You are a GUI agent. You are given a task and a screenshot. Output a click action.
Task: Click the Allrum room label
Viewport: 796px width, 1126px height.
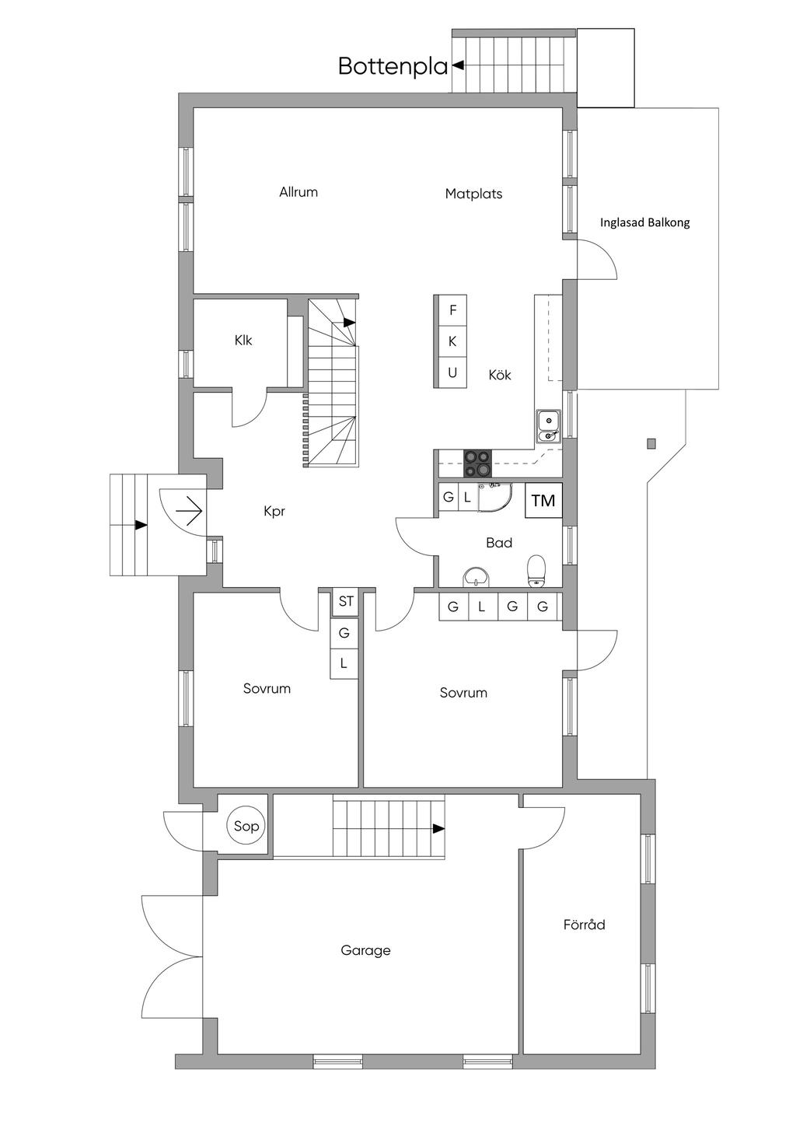298,192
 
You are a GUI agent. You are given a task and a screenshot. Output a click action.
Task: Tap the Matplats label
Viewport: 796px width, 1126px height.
473,194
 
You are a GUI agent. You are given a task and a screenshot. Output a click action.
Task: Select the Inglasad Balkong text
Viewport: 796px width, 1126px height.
644,222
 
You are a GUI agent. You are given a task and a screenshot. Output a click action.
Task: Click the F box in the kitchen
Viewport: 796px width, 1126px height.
452,310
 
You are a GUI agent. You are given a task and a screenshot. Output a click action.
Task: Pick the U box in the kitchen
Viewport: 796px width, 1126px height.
452,373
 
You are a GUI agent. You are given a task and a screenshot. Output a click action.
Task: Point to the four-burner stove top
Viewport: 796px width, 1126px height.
477,463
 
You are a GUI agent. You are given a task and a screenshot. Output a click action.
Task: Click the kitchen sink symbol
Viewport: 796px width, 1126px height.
549,427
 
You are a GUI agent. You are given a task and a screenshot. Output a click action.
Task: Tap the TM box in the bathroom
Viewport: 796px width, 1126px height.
543,500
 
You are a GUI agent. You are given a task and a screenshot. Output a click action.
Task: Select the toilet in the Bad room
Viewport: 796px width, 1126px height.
536,572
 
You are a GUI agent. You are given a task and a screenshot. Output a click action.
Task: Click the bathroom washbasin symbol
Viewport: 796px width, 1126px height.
476,576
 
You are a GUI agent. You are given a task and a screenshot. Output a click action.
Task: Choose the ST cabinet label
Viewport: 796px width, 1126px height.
346,601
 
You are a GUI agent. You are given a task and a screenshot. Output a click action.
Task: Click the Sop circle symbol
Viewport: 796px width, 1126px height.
246,826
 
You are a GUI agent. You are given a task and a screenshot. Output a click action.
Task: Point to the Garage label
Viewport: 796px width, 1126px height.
365,950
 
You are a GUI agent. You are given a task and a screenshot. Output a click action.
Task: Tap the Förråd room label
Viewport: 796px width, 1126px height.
584,925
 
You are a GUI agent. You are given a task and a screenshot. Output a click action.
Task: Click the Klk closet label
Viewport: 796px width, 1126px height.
243,341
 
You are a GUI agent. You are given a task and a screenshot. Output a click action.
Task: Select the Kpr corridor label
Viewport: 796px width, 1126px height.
274,511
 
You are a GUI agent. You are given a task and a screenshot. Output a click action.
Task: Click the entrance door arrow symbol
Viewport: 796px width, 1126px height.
189,512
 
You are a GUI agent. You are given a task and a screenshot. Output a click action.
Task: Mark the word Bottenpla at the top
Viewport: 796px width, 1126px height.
393,67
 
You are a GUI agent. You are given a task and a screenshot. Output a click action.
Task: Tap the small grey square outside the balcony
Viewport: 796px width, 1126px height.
651,444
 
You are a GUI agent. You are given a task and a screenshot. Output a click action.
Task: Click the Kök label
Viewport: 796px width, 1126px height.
500,375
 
